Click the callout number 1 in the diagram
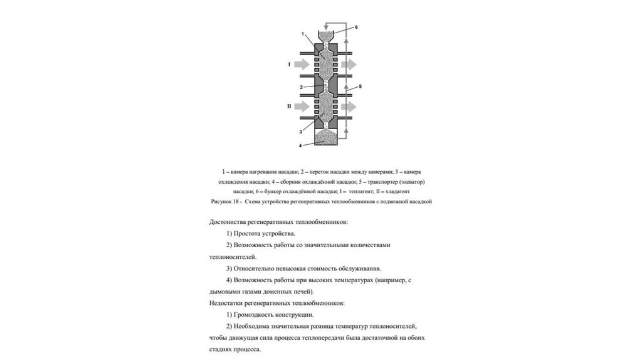coord(303,33)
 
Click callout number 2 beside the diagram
coord(302,87)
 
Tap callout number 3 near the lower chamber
coord(302,132)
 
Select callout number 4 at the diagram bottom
coord(301,146)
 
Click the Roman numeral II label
coord(289,106)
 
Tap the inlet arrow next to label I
coord(302,64)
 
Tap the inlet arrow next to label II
coord(302,106)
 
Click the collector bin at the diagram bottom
coord(325,138)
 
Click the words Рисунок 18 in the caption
coord(226,202)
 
